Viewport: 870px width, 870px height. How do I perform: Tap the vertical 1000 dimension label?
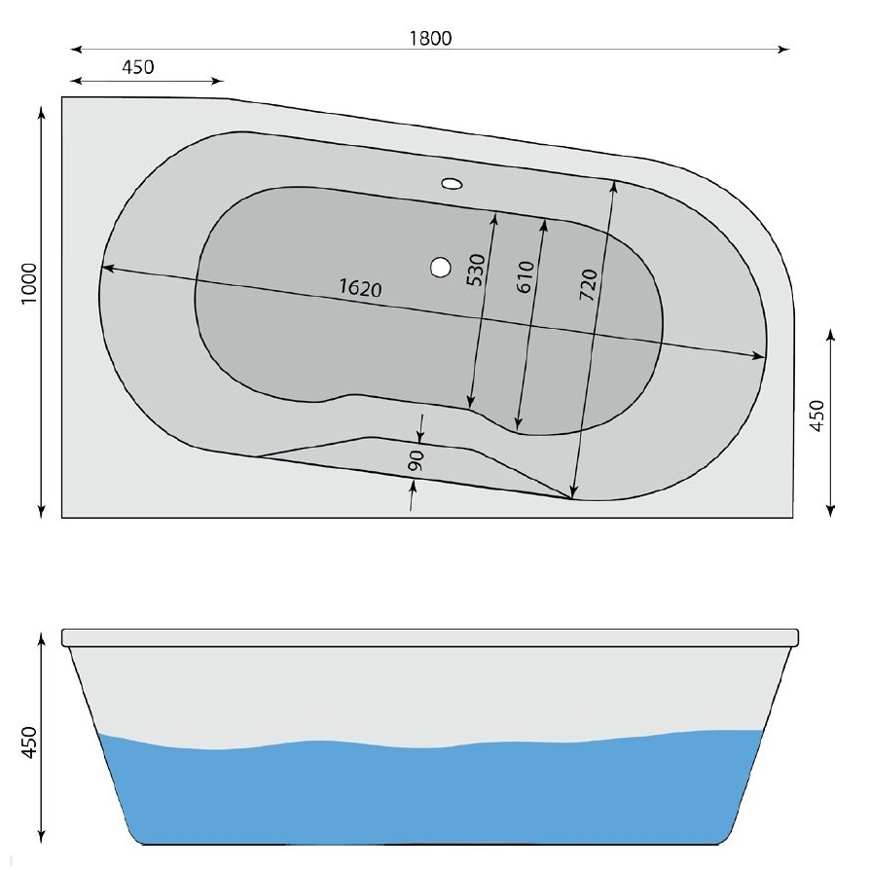click(x=30, y=284)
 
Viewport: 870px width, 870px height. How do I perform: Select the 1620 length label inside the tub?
click(x=362, y=290)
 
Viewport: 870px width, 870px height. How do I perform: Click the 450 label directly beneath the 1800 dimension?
click(x=137, y=67)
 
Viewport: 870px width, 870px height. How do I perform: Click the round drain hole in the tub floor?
click(x=441, y=265)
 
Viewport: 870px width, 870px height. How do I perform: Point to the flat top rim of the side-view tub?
click(x=429, y=637)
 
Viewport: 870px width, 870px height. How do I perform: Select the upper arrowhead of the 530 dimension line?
click(x=495, y=217)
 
